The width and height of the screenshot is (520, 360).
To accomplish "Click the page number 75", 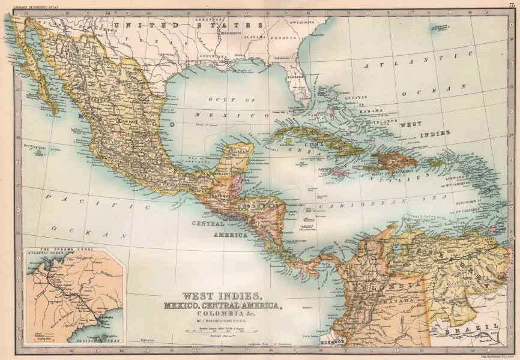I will pos(511,5).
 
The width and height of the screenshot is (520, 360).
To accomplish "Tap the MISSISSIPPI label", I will pos(230,33).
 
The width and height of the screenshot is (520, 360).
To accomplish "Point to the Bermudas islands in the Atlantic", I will pos(443,26).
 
